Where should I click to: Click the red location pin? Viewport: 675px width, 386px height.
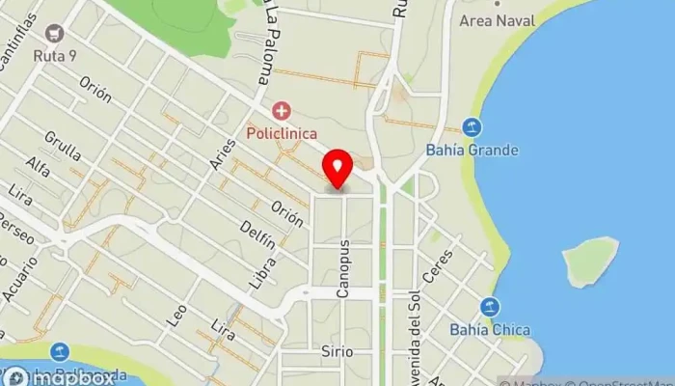pos(337,170)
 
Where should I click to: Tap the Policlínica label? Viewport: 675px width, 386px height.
pos(281,132)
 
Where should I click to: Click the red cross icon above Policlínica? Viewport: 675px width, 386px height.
pos(281,111)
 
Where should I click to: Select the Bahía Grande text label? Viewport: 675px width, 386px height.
pos(472,150)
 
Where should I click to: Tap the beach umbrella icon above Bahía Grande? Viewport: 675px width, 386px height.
pos(472,126)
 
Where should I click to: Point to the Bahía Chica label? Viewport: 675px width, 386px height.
pos(490,329)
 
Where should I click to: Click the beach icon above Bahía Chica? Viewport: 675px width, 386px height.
pos(491,307)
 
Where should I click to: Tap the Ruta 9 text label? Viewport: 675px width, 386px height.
pos(55,56)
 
